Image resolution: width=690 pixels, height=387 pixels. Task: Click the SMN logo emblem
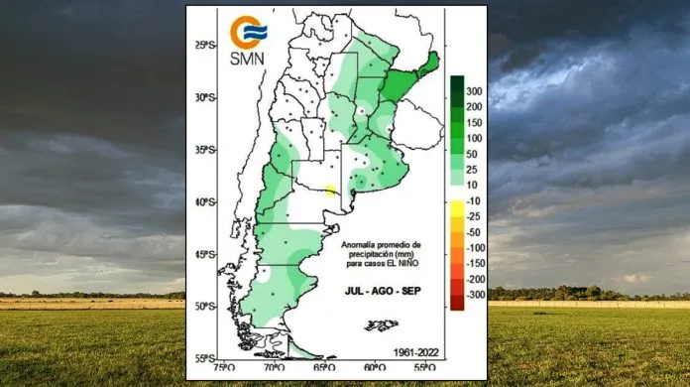tap(247, 32)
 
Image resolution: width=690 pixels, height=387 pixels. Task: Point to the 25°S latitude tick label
tap(206, 46)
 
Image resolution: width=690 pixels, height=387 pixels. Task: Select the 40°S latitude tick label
tap(205, 202)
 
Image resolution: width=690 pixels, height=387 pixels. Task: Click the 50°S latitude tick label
tap(205, 306)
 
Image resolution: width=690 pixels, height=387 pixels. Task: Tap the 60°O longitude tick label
tap(374, 368)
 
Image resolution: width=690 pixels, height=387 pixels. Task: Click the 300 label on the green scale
tap(475, 91)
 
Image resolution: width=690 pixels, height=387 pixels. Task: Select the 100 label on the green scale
tap(475, 138)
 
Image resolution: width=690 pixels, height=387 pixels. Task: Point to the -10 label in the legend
tap(475, 201)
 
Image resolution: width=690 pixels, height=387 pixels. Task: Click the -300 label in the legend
tap(476, 295)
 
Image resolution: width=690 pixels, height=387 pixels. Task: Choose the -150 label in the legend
tap(476, 263)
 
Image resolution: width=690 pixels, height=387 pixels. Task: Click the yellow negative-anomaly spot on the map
tap(330, 192)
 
